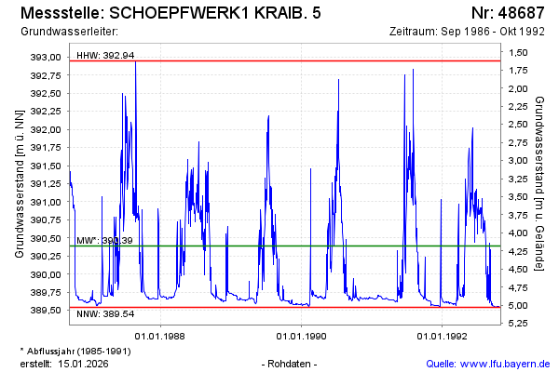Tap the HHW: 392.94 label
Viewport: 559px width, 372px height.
tap(105, 55)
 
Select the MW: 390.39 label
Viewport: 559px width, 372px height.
tap(104, 240)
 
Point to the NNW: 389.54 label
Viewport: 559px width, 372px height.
tap(105, 313)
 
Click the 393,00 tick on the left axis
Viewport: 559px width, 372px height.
tap(47, 58)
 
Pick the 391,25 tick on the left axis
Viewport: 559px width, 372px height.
tap(47, 184)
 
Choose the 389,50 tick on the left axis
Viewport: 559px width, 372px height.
tap(47, 311)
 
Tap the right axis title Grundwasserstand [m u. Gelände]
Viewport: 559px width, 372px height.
tap(540, 184)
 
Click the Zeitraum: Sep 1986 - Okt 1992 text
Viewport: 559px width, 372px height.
tap(467, 32)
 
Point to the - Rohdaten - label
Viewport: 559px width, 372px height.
tap(292, 363)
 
